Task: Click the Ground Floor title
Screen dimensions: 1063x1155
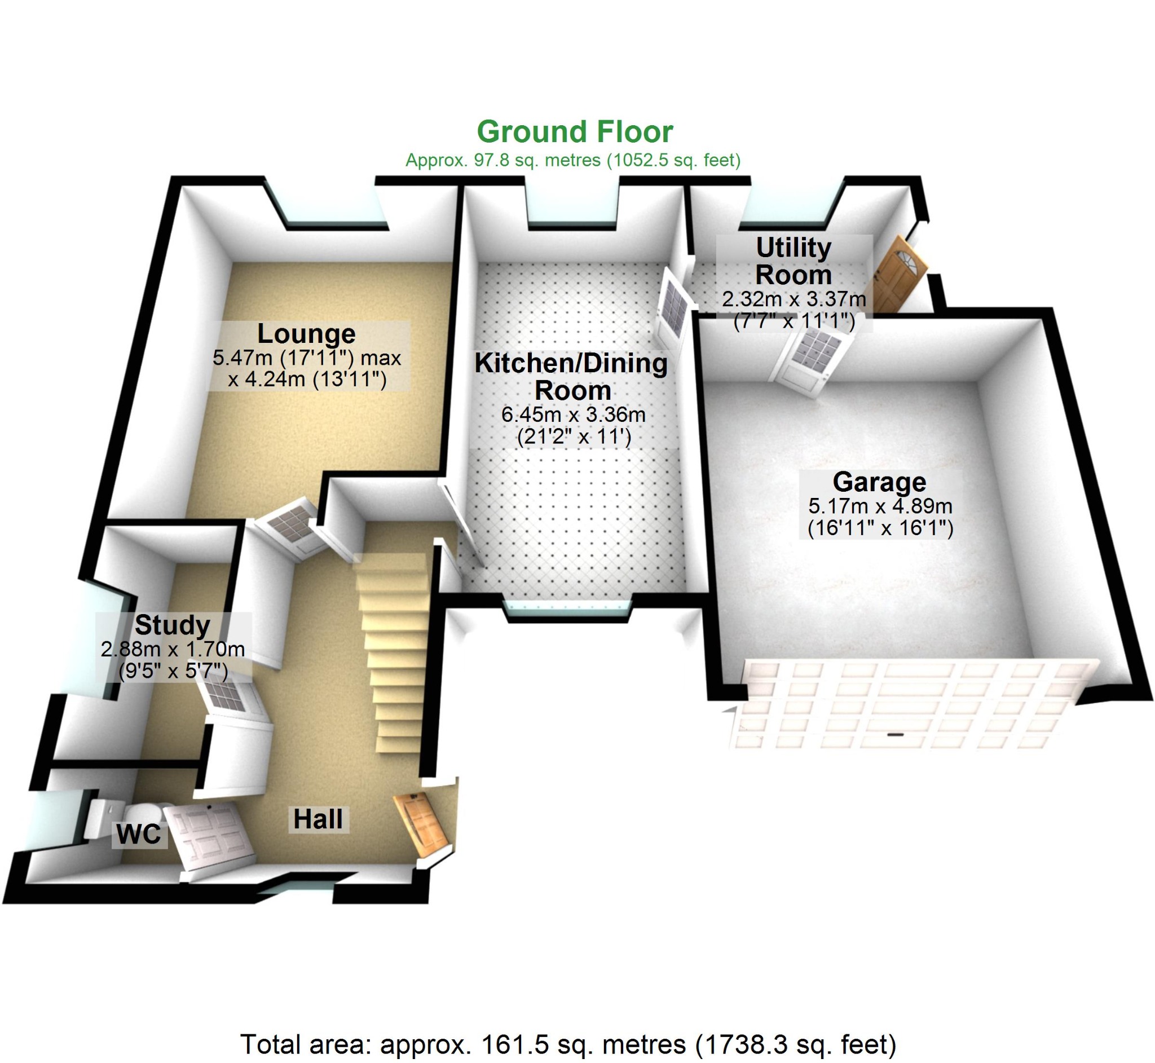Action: tap(575, 132)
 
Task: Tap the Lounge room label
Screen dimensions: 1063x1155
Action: tap(306, 334)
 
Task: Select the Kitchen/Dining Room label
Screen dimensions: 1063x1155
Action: tap(571, 377)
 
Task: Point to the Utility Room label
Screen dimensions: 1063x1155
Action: tap(793, 261)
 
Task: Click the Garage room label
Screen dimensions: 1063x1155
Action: tap(879, 482)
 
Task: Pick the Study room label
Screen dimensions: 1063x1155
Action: tap(173, 625)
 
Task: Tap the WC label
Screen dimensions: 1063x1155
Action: tap(139, 835)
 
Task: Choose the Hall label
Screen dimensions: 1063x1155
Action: tap(318, 819)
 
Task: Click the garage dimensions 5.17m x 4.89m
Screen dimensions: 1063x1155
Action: tap(880, 507)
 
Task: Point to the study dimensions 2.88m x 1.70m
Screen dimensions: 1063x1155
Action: tap(173, 650)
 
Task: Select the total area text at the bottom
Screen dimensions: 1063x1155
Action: tap(568, 1044)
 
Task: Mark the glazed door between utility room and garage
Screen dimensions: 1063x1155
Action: tap(811, 363)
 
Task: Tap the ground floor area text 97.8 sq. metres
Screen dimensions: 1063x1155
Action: tap(572, 160)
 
